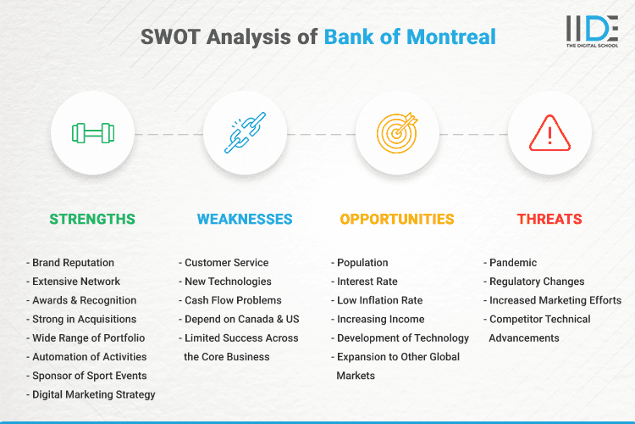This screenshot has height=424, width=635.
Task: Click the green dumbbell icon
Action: pyautogui.click(x=92, y=133)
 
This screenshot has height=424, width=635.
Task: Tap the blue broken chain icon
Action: pyautogui.click(x=245, y=133)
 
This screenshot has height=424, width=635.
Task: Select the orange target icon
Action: pyautogui.click(x=397, y=133)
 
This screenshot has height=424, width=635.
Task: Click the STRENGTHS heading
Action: pyautogui.click(x=92, y=219)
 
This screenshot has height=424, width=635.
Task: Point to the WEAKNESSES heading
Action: pyautogui.click(x=245, y=219)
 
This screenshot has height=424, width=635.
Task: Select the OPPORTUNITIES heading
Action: pyautogui.click(x=397, y=219)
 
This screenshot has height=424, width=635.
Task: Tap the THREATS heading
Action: pyautogui.click(x=549, y=219)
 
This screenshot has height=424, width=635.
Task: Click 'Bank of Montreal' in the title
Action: pyautogui.click(x=410, y=37)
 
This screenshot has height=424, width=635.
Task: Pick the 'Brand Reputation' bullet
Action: pyautogui.click(x=73, y=263)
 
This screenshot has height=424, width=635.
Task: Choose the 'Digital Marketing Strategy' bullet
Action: pyautogui.click(x=93, y=394)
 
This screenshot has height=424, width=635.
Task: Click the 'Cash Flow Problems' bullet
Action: pyautogui.click(x=233, y=300)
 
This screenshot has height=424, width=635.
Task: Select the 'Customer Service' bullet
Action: pyautogui.click(x=226, y=263)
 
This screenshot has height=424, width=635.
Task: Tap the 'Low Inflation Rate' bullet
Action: pyautogui.click(x=379, y=300)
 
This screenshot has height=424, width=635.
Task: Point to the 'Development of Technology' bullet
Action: pyautogui.click(x=402, y=338)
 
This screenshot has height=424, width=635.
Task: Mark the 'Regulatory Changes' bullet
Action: pyautogui.click(x=536, y=282)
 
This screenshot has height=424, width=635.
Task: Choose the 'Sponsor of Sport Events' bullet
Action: pyautogui.click(x=89, y=376)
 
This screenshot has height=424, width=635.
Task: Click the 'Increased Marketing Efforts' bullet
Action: pyautogui.click(x=555, y=300)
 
